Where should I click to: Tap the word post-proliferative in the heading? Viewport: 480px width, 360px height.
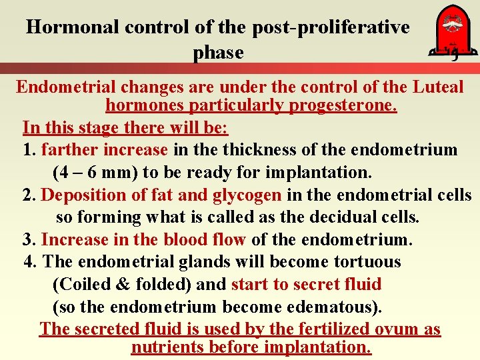tap(331, 27)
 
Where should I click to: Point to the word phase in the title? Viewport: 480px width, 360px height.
tap(218, 52)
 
